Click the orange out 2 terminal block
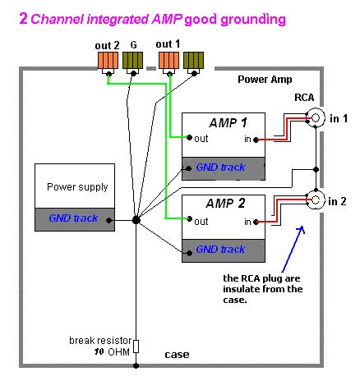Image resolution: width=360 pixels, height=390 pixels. (x=108, y=61)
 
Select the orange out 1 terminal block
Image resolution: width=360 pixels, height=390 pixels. (x=168, y=61)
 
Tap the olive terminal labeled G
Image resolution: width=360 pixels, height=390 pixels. (x=132, y=61)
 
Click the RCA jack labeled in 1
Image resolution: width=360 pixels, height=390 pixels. (x=316, y=117)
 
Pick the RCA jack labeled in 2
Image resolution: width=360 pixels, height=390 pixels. (x=316, y=200)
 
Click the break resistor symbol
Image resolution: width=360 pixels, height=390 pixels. (x=136, y=346)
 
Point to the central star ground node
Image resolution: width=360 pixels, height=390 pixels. (x=136, y=220)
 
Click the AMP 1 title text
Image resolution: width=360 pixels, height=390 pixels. (x=228, y=123)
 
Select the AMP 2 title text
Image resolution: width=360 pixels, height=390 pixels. (x=225, y=204)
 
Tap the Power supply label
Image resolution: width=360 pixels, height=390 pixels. (x=77, y=187)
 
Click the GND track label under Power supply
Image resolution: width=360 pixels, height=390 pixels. (x=73, y=218)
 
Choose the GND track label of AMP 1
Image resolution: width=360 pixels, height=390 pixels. (x=220, y=167)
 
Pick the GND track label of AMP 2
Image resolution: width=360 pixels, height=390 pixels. (x=220, y=250)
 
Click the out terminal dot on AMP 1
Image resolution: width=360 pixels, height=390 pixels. (x=189, y=137)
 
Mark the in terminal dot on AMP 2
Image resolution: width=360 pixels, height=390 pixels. (x=256, y=222)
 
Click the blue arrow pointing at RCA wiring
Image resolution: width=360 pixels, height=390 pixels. (x=293, y=249)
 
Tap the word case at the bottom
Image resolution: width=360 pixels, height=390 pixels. (x=177, y=355)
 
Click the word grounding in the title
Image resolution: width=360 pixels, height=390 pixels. (x=253, y=20)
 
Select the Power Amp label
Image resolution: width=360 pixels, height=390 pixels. (x=265, y=80)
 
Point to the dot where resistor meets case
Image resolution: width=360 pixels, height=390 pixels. (x=136, y=365)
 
